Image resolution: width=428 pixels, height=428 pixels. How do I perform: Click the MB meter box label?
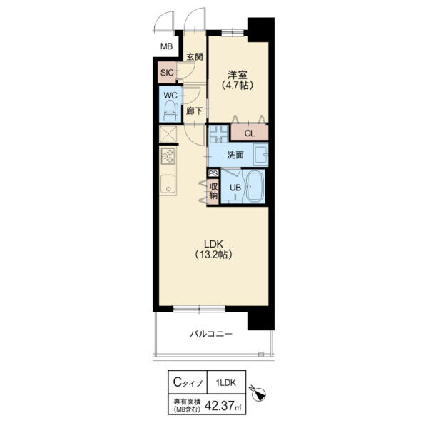tap(166, 46)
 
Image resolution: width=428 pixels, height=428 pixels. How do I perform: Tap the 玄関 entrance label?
tap(195, 57)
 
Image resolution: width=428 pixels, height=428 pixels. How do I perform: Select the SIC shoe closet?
tap(167, 73)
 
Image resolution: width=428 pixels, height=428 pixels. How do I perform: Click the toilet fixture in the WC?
tap(170, 111)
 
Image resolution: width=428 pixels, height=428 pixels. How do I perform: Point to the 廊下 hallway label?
tap(194, 111)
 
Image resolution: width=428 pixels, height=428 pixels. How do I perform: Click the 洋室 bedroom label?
tap(238, 74)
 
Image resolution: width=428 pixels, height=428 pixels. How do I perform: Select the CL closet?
tap(250, 133)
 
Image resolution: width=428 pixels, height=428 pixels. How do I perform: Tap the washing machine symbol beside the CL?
tap(219, 134)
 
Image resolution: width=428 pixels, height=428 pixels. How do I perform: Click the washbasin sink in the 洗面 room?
tap(260, 155)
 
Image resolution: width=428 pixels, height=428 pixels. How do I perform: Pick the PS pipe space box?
tap(213, 173)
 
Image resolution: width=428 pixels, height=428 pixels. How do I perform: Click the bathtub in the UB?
tap(255, 187)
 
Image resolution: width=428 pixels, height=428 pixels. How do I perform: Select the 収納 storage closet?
tap(213, 191)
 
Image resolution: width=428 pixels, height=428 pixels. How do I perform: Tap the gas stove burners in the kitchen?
tap(168, 156)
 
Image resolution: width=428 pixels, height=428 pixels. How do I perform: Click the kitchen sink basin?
tap(168, 184)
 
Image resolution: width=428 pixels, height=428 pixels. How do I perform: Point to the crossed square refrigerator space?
tap(168, 134)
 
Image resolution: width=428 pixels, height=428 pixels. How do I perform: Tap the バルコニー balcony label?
tap(211, 334)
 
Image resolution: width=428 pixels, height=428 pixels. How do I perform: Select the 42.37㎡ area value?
tap(223, 406)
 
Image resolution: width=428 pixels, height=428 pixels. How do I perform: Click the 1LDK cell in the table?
tap(226, 382)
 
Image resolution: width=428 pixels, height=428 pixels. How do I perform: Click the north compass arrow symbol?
tap(258, 393)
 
